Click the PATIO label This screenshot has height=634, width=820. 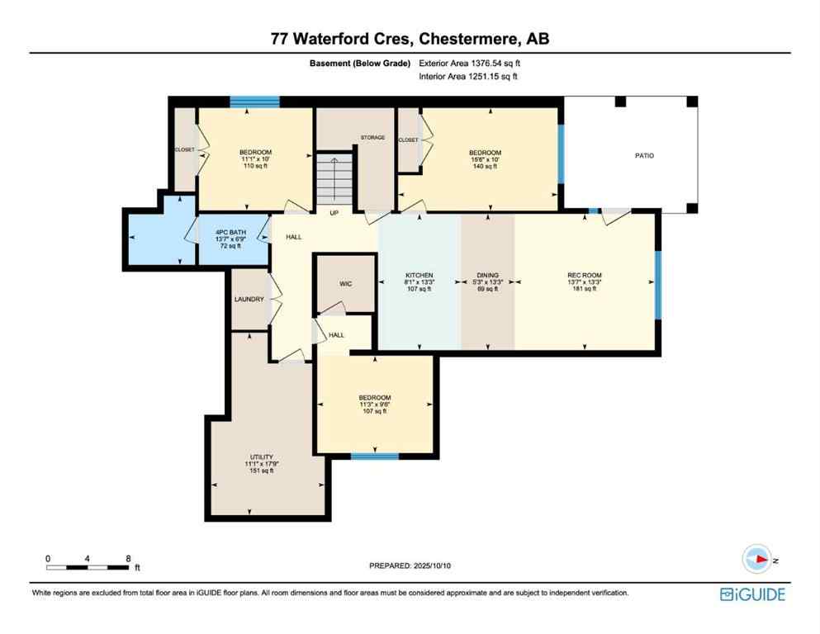tap(644, 155)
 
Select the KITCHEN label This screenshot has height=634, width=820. tap(419, 276)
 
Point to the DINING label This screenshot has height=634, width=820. tap(487, 276)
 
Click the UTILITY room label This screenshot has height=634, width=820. tap(262, 457)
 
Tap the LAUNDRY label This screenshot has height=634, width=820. tap(249, 299)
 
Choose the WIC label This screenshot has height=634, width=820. tap(346, 283)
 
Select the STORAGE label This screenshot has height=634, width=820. tap(372, 137)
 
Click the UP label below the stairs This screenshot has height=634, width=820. tap(334, 213)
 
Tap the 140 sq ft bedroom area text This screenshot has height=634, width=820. tap(485, 167)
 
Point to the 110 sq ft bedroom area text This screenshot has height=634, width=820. tap(255, 166)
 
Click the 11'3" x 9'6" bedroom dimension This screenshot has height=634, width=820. tap(374, 405)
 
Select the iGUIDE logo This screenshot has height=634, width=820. tap(752, 594)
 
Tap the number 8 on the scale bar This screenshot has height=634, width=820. tap(128, 558)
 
